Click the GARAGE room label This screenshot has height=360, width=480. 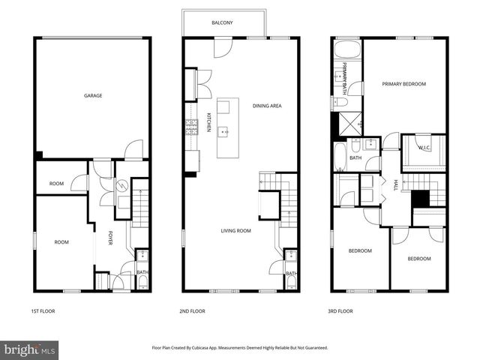(93, 95)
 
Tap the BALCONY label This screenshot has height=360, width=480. (222, 23)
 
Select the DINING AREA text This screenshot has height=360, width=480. (266, 106)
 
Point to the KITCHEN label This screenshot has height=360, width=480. (208, 122)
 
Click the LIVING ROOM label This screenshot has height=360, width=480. (235, 231)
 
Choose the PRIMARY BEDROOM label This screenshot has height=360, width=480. (403, 84)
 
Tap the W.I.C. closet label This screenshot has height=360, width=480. (424, 148)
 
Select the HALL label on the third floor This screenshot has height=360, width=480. (394, 185)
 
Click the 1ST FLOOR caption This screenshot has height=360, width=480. (43, 310)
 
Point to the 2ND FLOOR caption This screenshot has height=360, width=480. (193, 310)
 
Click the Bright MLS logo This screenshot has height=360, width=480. (29, 349)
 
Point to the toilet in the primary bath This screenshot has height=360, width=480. (340, 102)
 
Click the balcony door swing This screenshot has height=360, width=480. (222, 48)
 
